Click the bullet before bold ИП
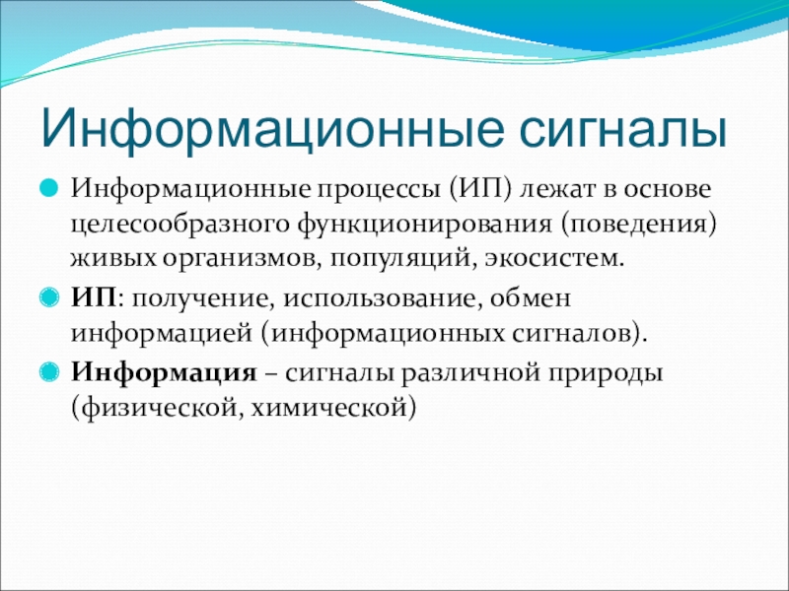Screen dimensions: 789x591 (48, 298)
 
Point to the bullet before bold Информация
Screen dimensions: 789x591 (48, 372)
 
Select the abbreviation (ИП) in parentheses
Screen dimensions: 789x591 (480, 190)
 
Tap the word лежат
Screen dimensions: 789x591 (562, 190)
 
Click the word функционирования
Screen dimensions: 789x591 (424, 225)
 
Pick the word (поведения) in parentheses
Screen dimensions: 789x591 (638, 225)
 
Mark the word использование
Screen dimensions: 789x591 (380, 299)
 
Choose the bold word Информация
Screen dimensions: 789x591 (164, 374)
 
